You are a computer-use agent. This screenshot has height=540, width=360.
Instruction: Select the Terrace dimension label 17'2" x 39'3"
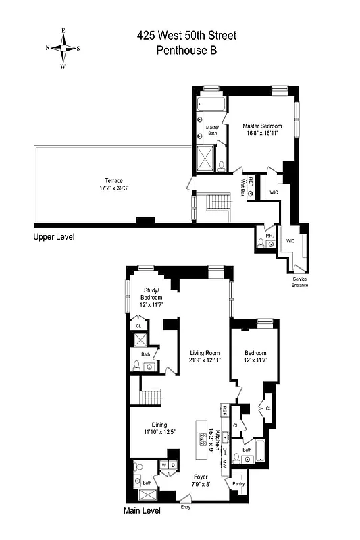pos(113,188)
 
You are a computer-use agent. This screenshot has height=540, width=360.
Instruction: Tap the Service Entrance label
pos(300,282)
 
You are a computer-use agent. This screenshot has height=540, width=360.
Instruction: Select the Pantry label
pos(238,483)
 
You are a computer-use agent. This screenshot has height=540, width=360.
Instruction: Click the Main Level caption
pos(142,511)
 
